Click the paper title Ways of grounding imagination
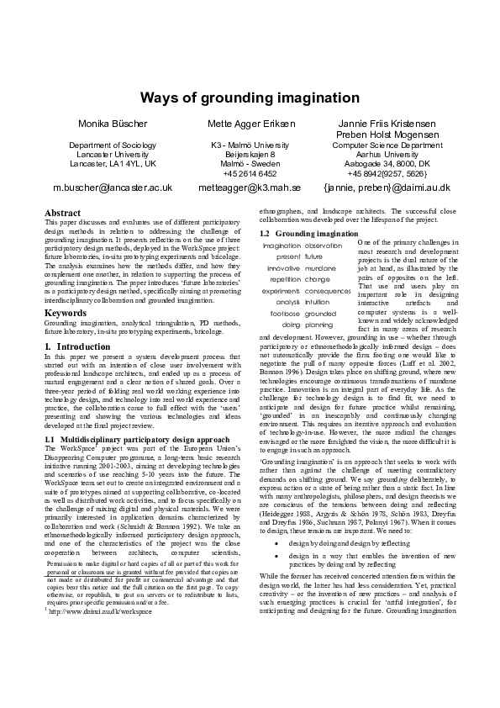(250, 98)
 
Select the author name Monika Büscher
(112, 124)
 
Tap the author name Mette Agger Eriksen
(250, 124)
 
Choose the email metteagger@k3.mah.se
(250, 188)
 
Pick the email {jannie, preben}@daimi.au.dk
(387, 188)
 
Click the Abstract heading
(62, 213)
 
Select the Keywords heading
(66, 313)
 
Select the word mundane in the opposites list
(321, 267)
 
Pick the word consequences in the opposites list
(329, 290)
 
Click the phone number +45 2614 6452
(250, 173)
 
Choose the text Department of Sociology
(112, 145)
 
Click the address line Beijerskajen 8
(250, 155)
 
